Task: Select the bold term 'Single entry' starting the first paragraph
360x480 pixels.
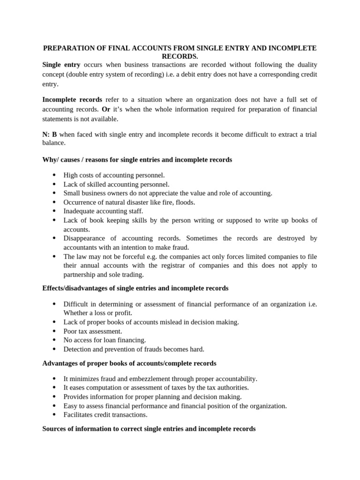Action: (61, 65)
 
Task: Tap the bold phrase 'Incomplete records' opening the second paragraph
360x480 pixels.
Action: (72, 99)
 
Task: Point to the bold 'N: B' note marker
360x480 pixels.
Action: (49, 135)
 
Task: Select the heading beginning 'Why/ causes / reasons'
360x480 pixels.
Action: (137, 160)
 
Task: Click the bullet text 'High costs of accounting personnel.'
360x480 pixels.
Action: (114, 175)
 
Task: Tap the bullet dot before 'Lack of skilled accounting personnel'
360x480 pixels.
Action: (54, 184)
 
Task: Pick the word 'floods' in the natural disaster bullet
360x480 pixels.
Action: (185, 202)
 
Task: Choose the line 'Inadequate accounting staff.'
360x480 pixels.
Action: (103, 211)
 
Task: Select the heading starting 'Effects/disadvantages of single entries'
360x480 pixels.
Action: (135, 288)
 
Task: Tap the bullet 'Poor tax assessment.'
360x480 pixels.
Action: (93, 331)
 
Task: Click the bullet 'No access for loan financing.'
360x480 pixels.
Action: (105, 340)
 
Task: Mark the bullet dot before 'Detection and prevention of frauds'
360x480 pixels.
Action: (54, 349)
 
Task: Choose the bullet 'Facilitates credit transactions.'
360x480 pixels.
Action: (105, 414)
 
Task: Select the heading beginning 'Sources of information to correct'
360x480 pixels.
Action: (149, 428)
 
